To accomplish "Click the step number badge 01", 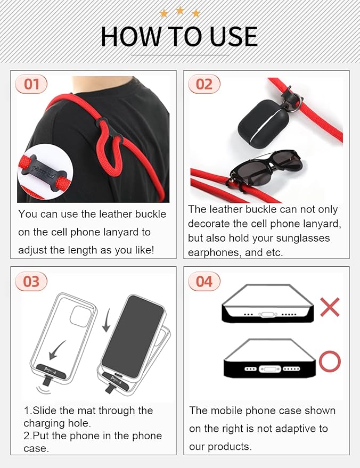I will [31, 84].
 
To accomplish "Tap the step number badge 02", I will [204, 84].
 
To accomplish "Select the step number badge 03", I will [31, 281].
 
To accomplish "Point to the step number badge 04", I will [204, 281].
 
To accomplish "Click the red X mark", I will [330, 307].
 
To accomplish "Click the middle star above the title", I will [180, 10].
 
